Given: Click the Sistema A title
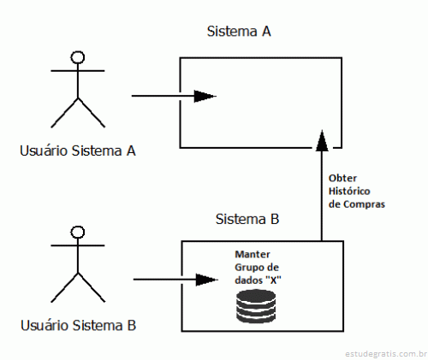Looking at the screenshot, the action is pyautogui.click(x=239, y=31).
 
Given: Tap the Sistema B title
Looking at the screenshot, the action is pyautogui.click(x=247, y=219).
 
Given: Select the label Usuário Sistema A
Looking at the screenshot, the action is pyautogui.click(x=78, y=150).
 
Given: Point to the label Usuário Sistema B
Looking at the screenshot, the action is pyautogui.click(x=78, y=326).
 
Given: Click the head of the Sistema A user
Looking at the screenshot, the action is pyautogui.click(x=78, y=57).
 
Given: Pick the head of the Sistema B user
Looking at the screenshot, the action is pyautogui.click(x=78, y=232).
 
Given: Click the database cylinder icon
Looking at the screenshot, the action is pyautogui.click(x=256, y=306).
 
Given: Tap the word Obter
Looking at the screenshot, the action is pyautogui.click(x=342, y=178).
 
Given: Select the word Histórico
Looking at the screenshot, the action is pyautogui.click(x=349, y=191).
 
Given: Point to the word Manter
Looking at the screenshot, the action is pyautogui.click(x=253, y=254).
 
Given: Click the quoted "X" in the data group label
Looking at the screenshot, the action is pyautogui.click(x=273, y=280).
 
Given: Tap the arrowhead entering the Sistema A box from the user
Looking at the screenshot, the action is pyautogui.click(x=205, y=96).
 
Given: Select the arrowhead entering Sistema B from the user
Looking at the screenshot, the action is pyautogui.click(x=207, y=280).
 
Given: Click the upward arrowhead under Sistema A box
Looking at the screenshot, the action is pyautogui.click(x=322, y=140).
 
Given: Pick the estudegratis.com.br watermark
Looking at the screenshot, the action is pyautogui.click(x=386, y=354).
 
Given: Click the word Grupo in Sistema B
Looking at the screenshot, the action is pyautogui.click(x=247, y=268).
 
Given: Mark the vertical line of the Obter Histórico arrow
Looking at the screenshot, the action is pyautogui.click(x=322, y=196).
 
